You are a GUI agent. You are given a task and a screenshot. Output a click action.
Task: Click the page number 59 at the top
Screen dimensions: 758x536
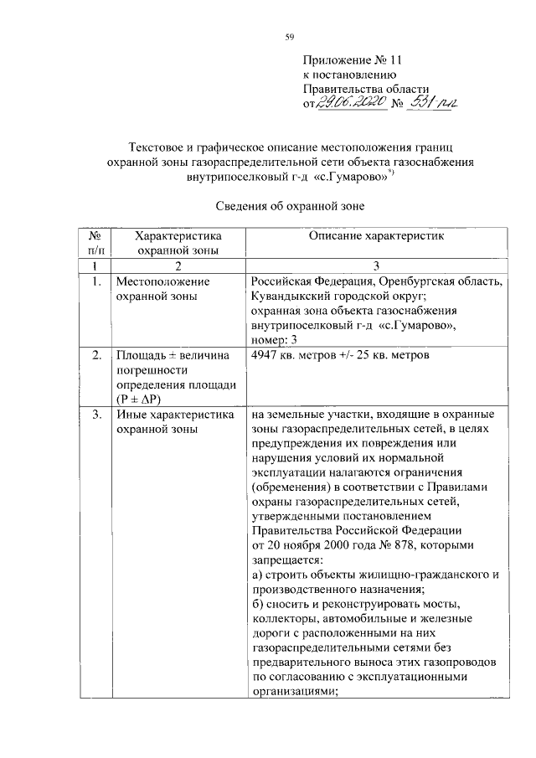290,36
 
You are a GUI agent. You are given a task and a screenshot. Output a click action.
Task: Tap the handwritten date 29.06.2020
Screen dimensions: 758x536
353,101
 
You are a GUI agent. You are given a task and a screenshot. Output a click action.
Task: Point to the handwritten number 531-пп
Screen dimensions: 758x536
435,101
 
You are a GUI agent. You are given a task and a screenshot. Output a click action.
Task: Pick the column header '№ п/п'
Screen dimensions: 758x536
94,243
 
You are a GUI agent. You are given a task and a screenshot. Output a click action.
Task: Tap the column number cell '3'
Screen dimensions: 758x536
374,265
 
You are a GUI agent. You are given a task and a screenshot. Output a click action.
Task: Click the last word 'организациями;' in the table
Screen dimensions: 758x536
293,692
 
